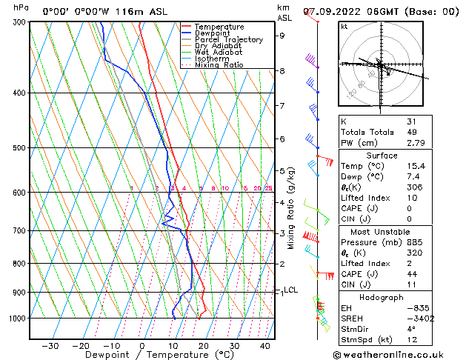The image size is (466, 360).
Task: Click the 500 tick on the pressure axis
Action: pyautogui.click(x=20, y=147)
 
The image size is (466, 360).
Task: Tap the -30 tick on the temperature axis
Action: pyautogui.click(x=50, y=346)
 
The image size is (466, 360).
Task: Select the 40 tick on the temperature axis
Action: pyautogui.click(x=264, y=346)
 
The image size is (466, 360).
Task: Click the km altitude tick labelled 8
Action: pyautogui.click(x=282, y=71)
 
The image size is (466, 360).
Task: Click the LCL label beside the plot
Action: pyautogui.click(x=290, y=290)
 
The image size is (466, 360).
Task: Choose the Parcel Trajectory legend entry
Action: pyautogui.click(x=228, y=40)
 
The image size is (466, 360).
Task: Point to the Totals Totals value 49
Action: pyautogui.click(x=411, y=132)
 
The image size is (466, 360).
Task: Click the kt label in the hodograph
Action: pyautogui.click(x=344, y=26)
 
